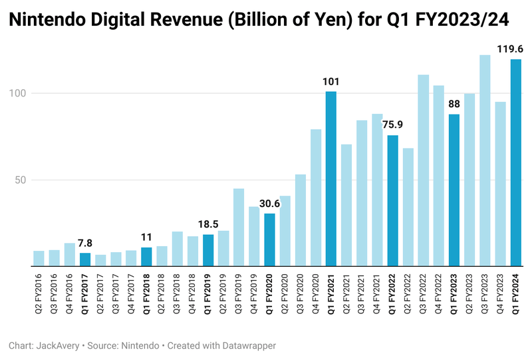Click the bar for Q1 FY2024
click(516, 163)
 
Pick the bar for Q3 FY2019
click(239, 227)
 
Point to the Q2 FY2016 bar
click(39, 258)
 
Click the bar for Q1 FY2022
click(393, 200)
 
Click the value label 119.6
click(511, 49)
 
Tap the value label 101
click(331, 82)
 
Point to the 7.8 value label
click(85, 243)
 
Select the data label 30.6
click(270, 204)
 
